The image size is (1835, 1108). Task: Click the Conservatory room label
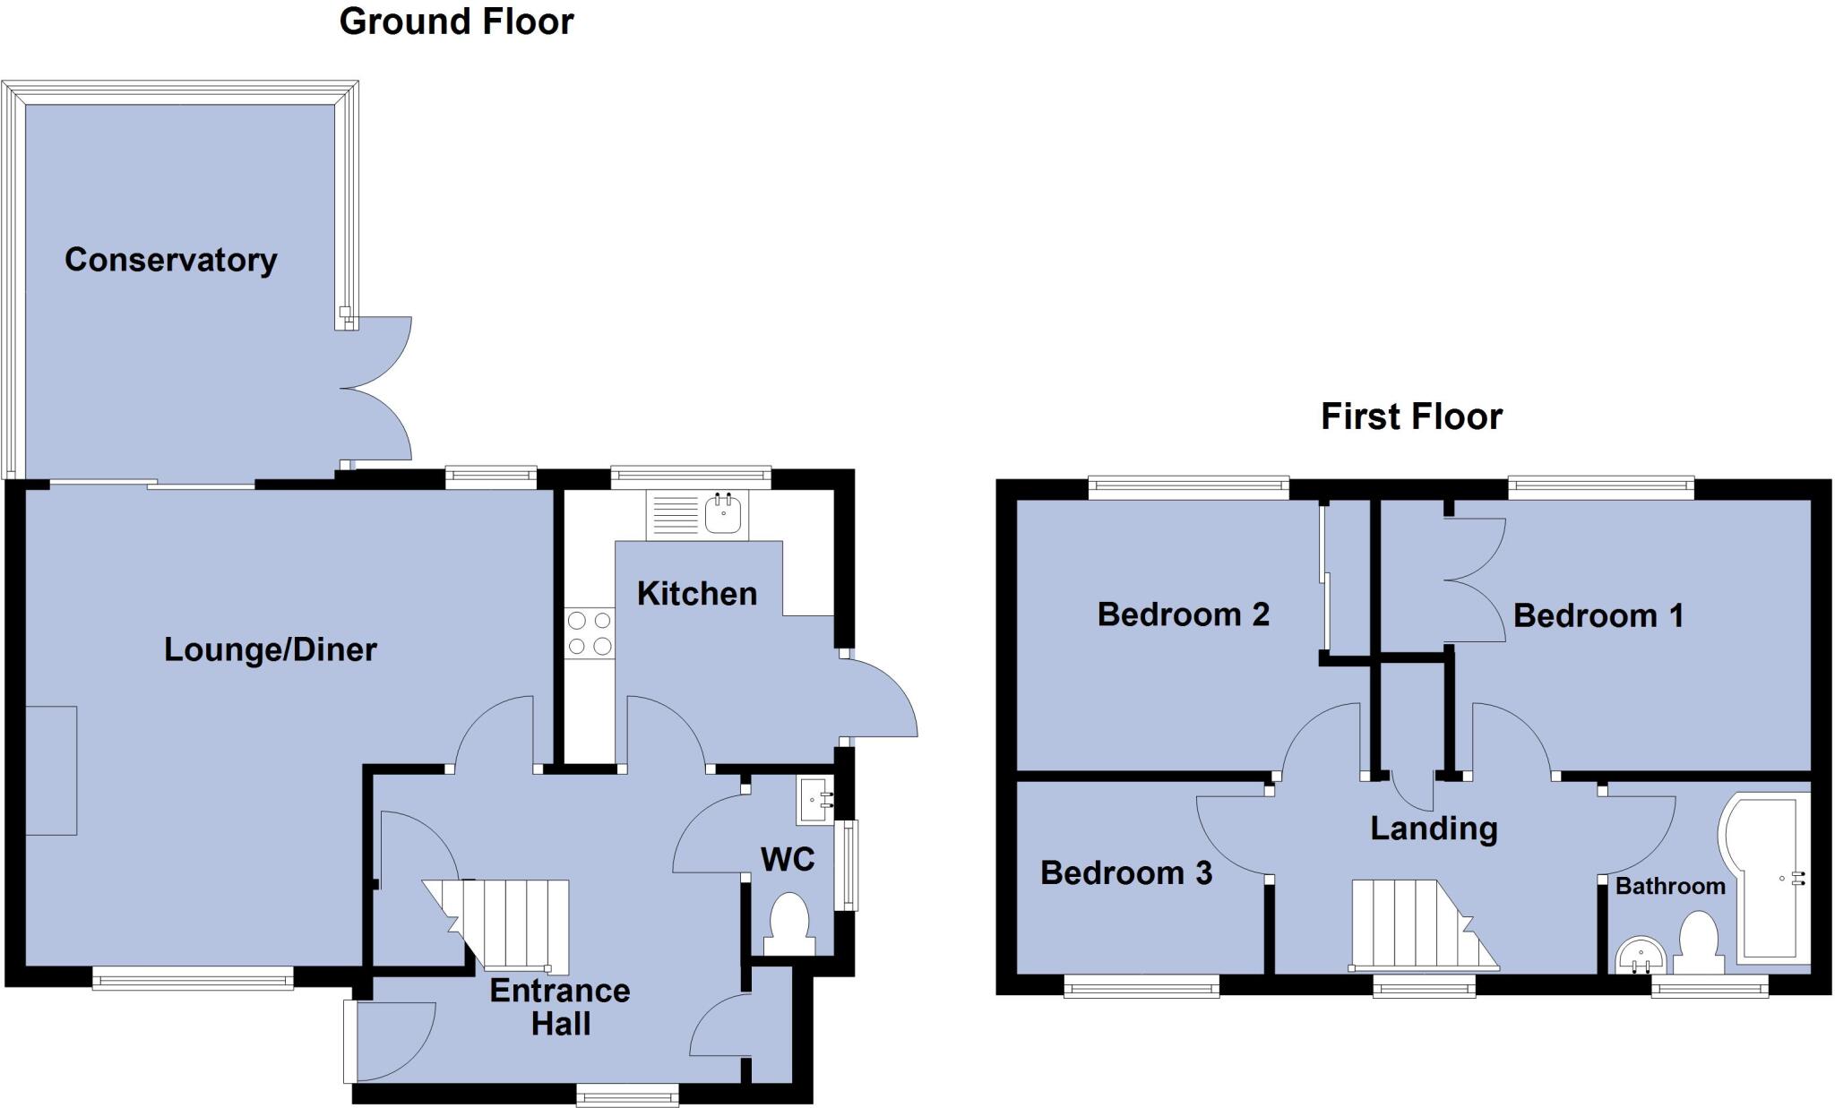[170, 260]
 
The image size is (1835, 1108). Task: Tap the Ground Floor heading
[456, 21]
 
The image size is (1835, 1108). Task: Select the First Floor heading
[1411, 417]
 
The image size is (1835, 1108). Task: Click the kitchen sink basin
[724, 515]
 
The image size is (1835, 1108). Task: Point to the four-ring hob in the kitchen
[590, 632]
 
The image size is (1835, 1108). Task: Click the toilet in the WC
[789, 923]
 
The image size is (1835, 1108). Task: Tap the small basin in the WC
[814, 800]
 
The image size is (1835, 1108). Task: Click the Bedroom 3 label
[1125, 872]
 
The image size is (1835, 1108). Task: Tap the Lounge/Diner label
[270, 649]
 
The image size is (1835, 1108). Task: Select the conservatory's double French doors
[376, 389]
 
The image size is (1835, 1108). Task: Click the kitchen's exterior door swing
[878, 699]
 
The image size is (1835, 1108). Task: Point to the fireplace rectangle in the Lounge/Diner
[51, 770]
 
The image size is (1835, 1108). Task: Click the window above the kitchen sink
[690, 477]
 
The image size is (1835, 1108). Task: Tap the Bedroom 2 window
[1188, 488]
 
